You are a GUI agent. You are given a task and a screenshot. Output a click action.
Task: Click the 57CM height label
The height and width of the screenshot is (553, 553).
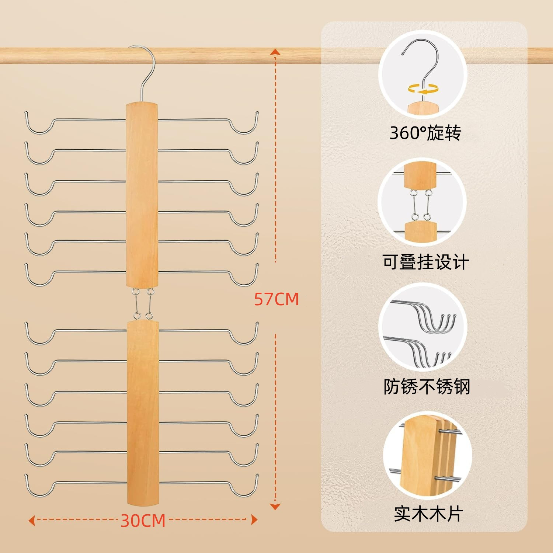click(276, 299)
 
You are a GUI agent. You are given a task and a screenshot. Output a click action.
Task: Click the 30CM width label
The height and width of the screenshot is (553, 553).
click(143, 521)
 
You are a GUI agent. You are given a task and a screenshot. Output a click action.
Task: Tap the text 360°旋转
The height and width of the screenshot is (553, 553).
click(425, 133)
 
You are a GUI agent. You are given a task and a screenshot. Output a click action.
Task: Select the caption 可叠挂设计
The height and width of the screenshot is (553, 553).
click(426, 262)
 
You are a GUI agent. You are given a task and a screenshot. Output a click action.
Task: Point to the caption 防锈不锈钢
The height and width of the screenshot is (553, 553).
click(427, 387)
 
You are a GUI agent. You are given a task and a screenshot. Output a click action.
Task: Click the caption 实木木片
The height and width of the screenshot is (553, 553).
click(428, 514)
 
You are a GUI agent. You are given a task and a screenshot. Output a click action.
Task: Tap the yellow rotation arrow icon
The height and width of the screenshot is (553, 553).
click(423, 89)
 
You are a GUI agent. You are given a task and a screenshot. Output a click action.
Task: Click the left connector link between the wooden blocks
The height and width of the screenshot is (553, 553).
click(136, 303)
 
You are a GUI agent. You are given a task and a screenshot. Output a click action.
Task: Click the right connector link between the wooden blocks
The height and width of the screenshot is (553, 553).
click(149, 303)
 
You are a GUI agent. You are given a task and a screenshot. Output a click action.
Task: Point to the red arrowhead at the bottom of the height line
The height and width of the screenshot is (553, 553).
click(275, 507)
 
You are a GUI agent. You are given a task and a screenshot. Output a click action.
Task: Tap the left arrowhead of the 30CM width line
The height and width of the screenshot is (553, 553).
click(32, 521)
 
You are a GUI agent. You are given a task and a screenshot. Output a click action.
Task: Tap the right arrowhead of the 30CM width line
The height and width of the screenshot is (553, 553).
click(254, 520)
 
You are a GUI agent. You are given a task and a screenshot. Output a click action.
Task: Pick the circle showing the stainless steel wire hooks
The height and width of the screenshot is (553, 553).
click(423, 327)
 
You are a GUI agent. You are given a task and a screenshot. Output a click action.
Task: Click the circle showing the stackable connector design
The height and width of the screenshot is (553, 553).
click(422, 202)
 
